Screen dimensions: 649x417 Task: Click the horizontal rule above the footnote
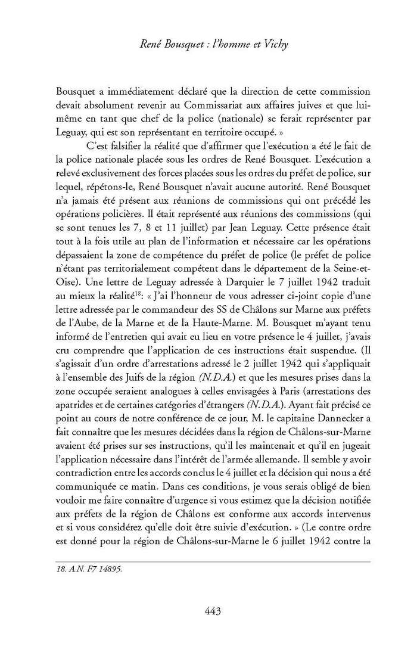point(213,561)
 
